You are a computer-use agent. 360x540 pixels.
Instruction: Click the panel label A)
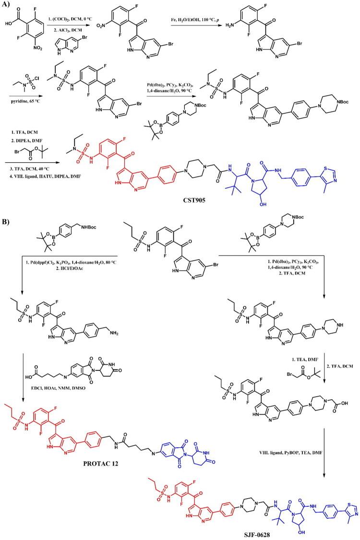pos(7,4)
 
